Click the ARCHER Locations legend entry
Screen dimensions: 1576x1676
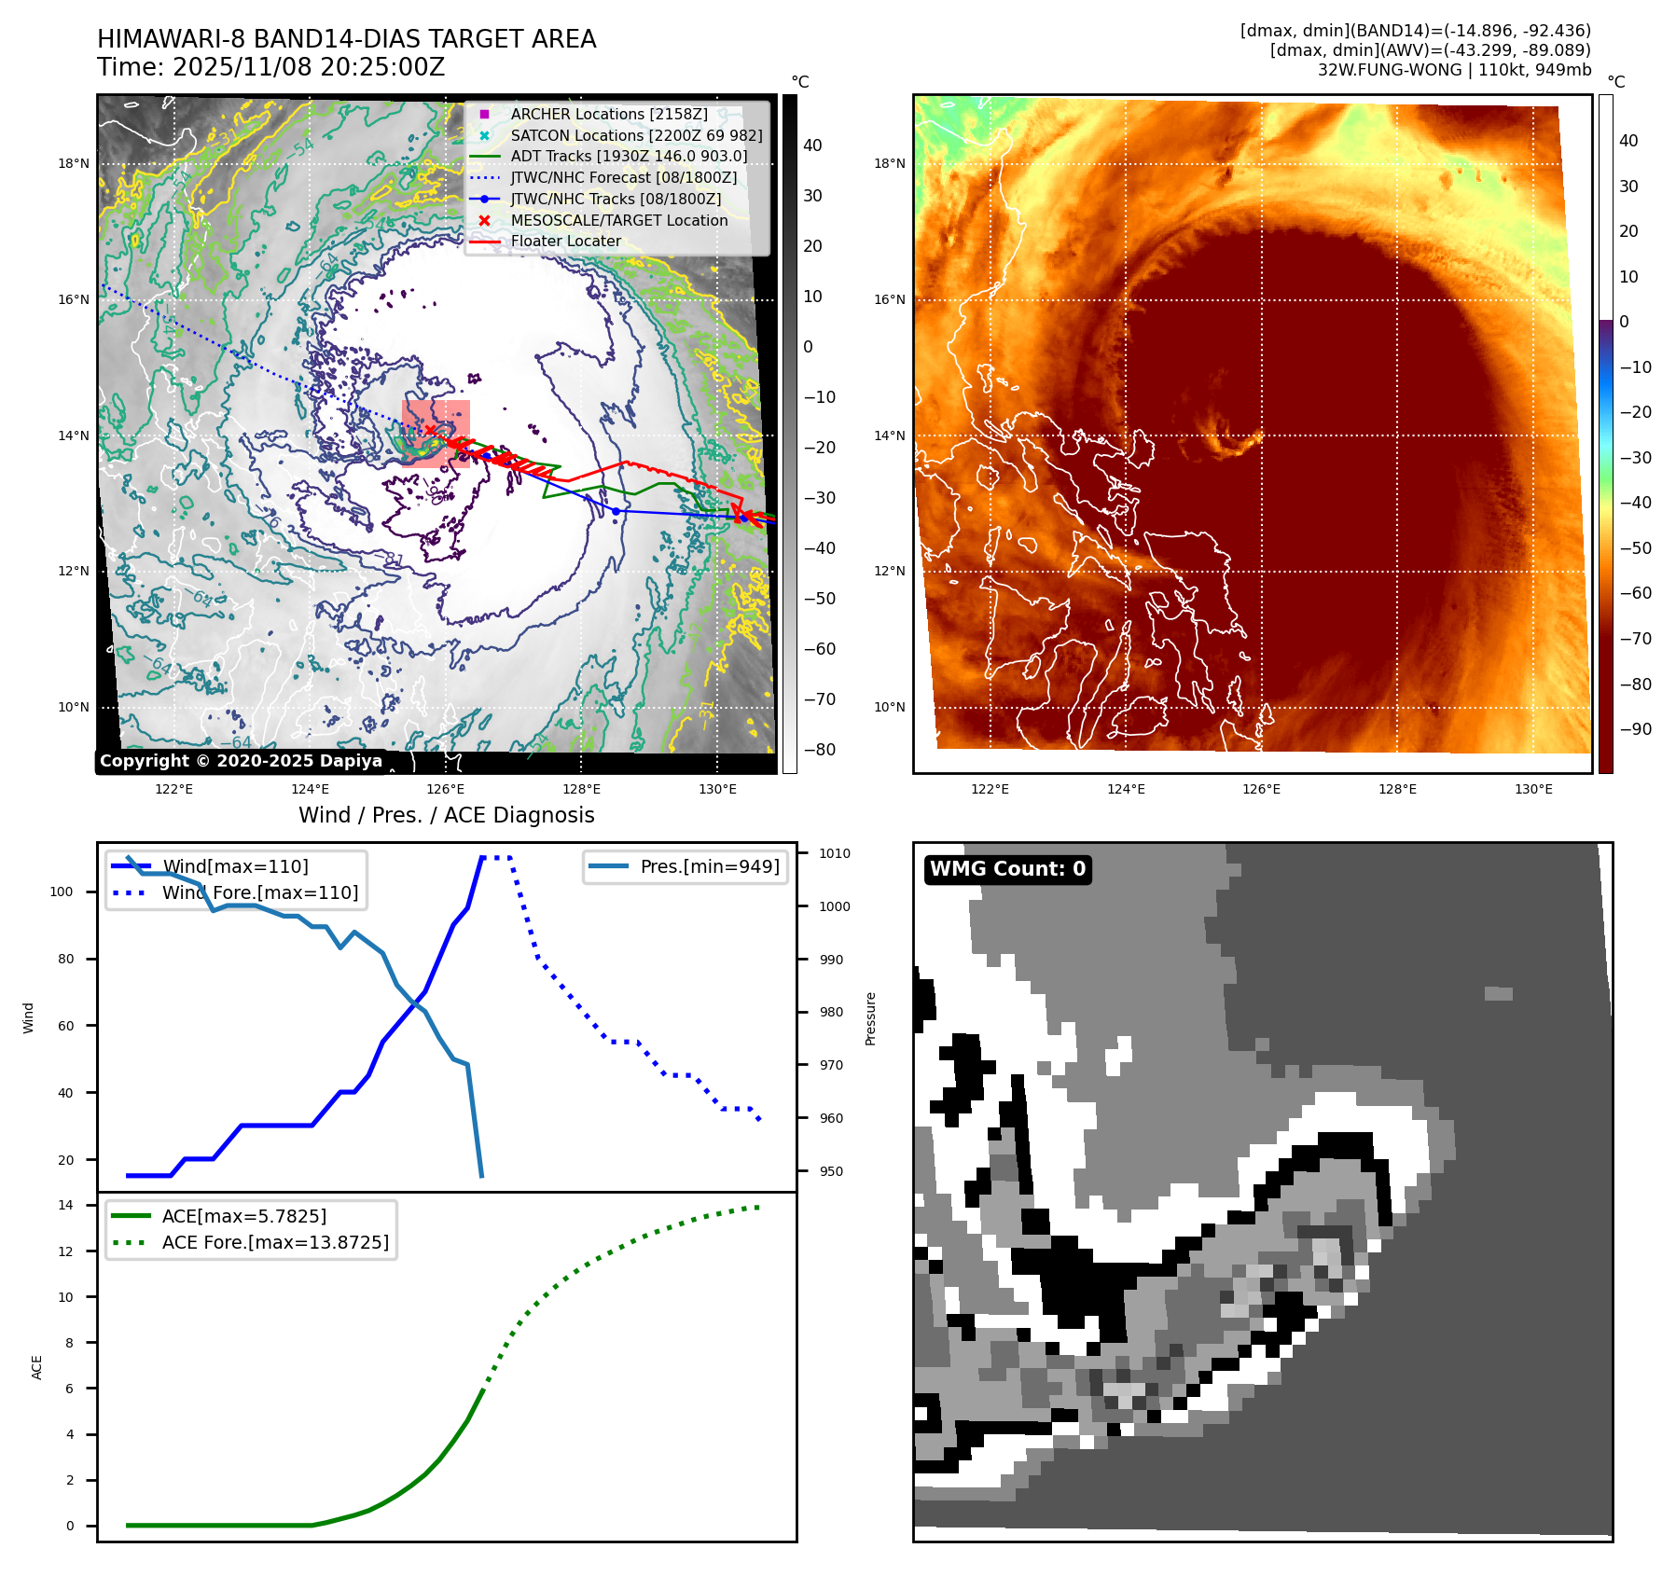click(608, 114)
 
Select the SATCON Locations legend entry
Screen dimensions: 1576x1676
click(636, 135)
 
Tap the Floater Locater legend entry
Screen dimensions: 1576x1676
click(565, 241)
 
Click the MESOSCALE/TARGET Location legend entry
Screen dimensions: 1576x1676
click(618, 220)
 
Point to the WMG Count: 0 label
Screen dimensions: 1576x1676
click(1007, 869)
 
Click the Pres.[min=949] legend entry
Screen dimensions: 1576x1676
click(709, 866)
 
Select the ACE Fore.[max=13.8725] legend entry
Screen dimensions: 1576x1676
click(275, 1242)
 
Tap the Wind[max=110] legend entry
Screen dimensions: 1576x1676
click(235, 866)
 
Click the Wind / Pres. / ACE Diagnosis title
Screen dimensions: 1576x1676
click(446, 815)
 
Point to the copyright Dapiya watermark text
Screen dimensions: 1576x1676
click(241, 761)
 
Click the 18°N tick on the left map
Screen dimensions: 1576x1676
click(74, 163)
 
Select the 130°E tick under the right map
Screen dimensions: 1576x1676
click(1533, 789)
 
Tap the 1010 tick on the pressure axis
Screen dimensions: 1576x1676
click(835, 853)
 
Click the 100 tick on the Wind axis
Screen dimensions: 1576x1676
click(61, 892)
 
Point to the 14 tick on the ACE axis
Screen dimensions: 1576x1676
click(65, 1205)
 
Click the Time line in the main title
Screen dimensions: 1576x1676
click(270, 67)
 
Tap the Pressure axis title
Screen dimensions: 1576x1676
click(870, 1018)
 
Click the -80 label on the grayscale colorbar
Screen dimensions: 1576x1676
click(820, 750)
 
